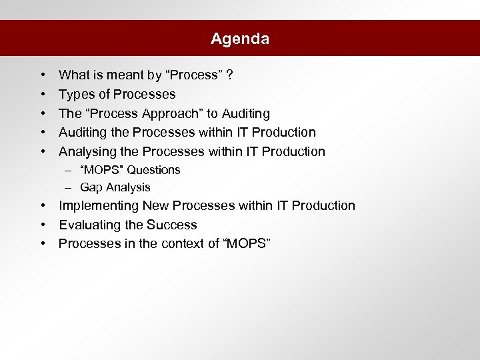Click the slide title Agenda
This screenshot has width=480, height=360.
coord(240,39)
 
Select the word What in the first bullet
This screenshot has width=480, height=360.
coord(73,75)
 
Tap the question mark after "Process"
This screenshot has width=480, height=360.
coord(229,75)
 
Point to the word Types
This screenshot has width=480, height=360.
coord(75,94)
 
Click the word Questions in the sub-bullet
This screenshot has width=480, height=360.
coord(154,170)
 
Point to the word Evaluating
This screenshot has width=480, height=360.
coord(87,225)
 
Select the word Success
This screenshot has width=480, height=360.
coord(173,225)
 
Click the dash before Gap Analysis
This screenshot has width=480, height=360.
coord(69,187)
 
